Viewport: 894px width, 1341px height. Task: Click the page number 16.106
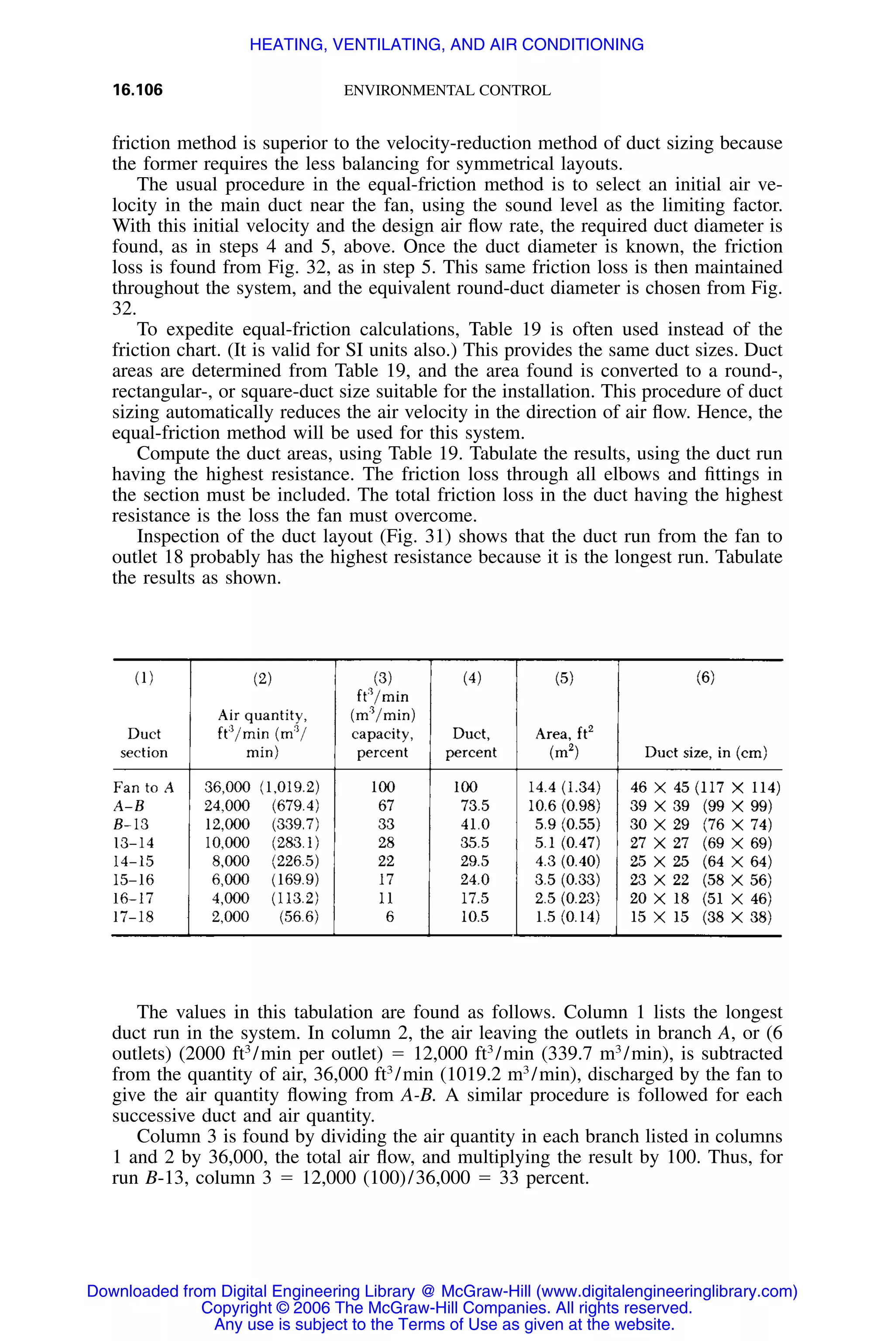click(x=138, y=89)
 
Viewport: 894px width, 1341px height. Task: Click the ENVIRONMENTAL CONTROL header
click(x=447, y=91)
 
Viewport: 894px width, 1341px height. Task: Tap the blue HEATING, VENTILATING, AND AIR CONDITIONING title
click(x=447, y=45)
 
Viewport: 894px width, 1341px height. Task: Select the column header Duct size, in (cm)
click(x=706, y=752)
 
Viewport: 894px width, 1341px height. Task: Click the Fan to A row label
click(x=144, y=787)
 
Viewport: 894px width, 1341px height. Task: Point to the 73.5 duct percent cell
click(x=475, y=806)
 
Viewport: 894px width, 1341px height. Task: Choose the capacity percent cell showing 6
click(x=389, y=917)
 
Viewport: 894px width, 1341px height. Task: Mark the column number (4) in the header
click(x=472, y=677)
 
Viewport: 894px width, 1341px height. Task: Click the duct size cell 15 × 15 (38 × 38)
click(x=701, y=917)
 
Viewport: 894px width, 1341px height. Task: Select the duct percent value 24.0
click(x=475, y=880)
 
